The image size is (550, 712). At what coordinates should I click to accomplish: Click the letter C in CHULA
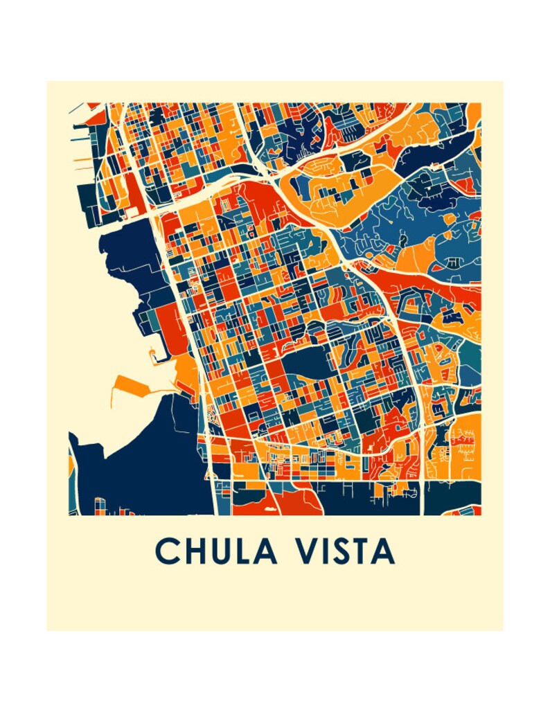168,551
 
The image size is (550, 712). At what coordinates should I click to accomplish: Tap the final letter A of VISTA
383,551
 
